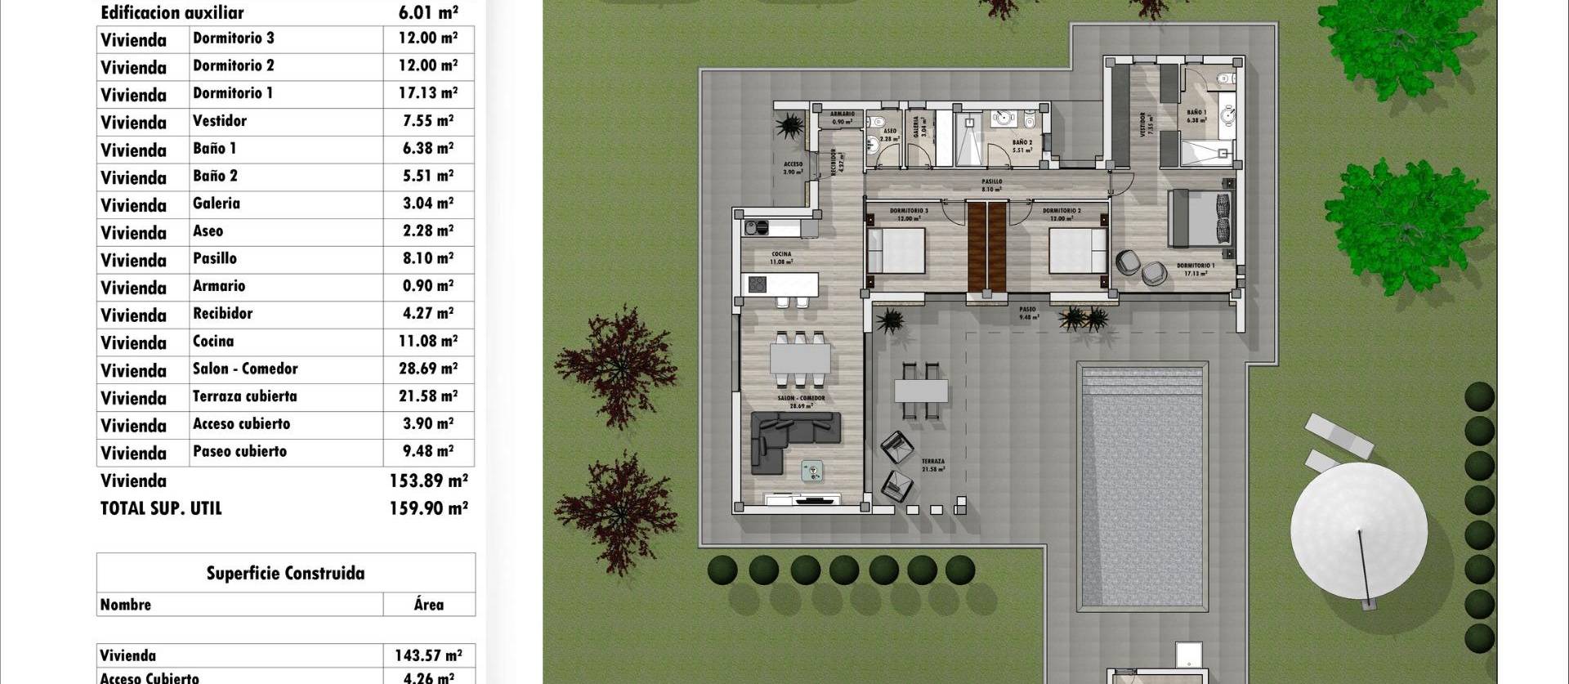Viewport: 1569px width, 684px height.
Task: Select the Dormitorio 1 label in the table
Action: point(233,93)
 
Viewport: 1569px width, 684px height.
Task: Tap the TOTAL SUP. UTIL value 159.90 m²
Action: point(428,508)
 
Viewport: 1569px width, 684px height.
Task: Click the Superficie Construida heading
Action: point(285,573)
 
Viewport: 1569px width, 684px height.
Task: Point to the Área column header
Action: point(428,605)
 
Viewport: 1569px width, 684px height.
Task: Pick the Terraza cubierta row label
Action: point(244,396)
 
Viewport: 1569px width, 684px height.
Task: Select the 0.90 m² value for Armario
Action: point(427,286)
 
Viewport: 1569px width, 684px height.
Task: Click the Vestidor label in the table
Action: point(219,121)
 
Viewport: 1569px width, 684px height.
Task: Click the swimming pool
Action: point(1142,486)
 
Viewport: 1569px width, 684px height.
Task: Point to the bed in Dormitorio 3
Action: point(896,250)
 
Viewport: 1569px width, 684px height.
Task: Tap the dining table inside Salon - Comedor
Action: point(800,360)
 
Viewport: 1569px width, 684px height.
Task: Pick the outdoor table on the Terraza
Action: point(921,391)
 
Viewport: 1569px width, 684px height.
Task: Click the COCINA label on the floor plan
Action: point(781,255)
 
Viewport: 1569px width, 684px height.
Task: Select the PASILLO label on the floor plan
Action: point(991,182)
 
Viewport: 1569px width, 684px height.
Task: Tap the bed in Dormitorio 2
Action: point(1078,250)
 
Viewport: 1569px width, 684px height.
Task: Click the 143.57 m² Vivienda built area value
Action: point(428,655)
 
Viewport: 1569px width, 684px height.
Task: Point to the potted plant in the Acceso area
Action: point(790,127)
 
